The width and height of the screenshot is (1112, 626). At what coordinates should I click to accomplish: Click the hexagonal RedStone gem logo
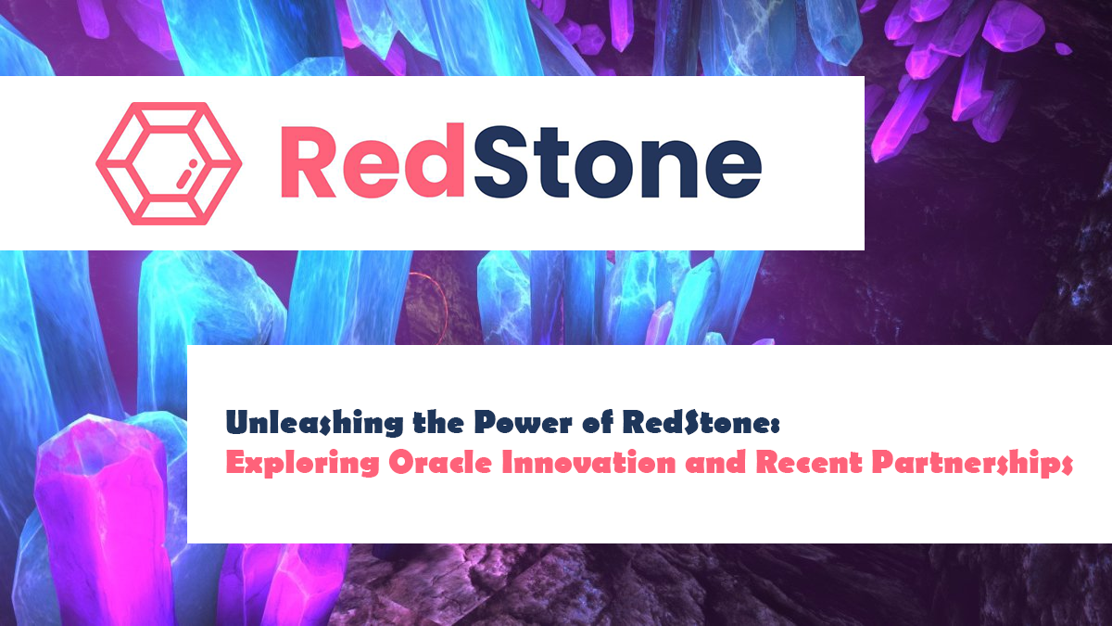(169, 163)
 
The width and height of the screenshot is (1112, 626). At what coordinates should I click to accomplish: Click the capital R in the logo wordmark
(310, 162)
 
